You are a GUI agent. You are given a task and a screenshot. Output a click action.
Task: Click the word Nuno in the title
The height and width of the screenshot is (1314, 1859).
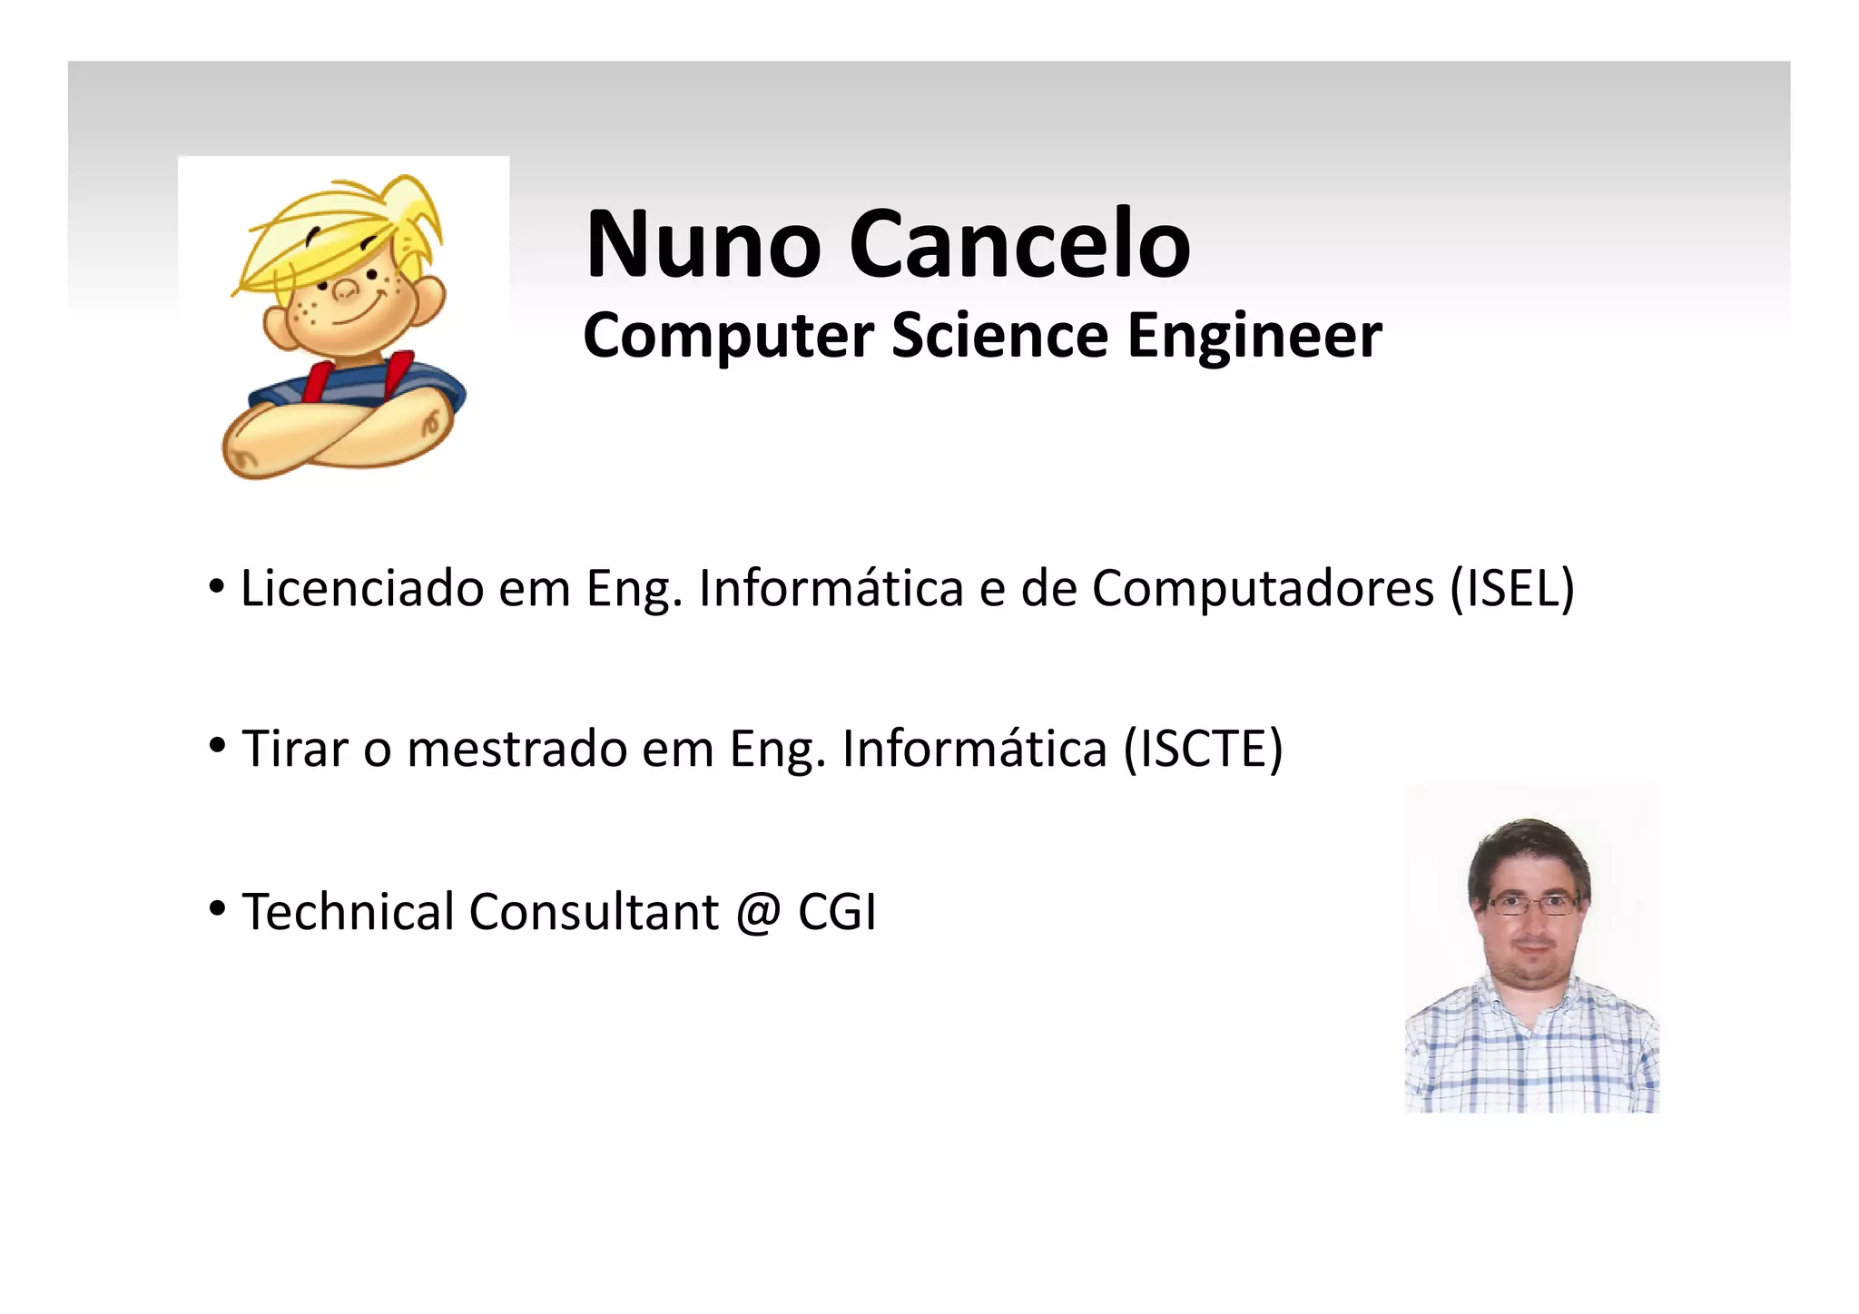703,244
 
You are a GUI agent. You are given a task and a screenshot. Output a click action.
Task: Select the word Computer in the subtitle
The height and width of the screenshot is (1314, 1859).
728,337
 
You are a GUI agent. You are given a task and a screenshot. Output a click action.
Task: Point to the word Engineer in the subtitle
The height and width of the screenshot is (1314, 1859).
1254,337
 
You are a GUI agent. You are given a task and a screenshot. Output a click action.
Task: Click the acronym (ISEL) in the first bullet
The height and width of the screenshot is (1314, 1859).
1512,589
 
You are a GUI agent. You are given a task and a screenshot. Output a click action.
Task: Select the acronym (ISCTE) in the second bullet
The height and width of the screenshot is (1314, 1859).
1204,750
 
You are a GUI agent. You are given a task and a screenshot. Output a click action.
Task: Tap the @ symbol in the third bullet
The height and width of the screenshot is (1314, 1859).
758,912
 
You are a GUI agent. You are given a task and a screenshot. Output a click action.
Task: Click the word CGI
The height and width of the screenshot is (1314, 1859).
837,912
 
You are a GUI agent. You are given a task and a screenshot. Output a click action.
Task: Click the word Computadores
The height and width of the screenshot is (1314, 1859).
1263,589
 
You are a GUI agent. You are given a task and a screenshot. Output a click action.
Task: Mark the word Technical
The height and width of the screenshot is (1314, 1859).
348,912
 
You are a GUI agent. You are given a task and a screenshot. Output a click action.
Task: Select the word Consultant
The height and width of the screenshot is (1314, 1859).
594,912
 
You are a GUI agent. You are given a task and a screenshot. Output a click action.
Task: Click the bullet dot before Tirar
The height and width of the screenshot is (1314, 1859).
217,746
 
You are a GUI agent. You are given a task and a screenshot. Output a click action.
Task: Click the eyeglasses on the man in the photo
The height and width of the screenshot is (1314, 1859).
1531,905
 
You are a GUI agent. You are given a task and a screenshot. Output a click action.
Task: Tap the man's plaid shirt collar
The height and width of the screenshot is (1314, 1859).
1532,1007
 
